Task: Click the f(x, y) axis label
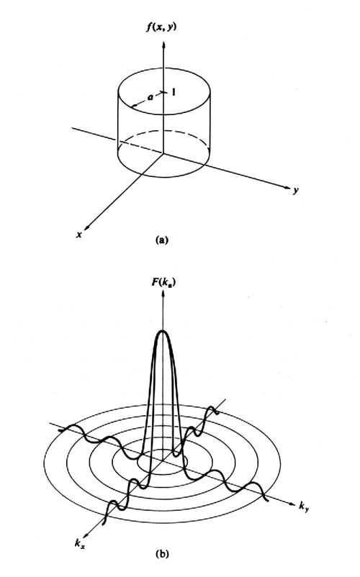(x=161, y=27)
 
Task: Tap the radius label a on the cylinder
(x=150, y=97)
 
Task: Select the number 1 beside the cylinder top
(x=173, y=92)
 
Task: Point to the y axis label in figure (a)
(x=296, y=191)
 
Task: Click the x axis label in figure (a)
(x=79, y=235)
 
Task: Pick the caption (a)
(x=162, y=240)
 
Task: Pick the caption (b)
(x=162, y=553)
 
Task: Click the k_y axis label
(x=304, y=506)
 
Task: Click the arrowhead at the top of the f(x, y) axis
(x=163, y=45)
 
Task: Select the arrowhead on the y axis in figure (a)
(x=287, y=187)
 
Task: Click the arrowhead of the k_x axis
(x=87, y=535)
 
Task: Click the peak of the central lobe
(x=162, y=331)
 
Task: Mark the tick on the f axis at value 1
(x=163, y=91)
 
